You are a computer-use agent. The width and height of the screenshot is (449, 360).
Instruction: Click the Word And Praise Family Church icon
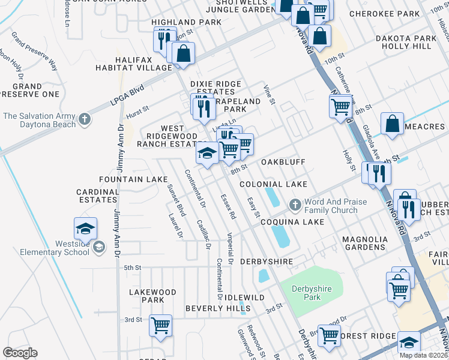pyautogui.click(x=295, y=206)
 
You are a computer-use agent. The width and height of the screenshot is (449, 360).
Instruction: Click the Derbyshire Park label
pyautogui.click(x=310, y=293)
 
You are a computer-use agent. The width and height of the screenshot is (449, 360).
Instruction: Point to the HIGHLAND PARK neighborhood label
pyautogui.click(x=186, y=22)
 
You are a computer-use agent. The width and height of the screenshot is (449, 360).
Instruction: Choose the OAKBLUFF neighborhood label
pyautogui.click(x=283, y=162)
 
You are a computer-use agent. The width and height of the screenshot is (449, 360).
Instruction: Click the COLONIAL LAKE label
pyautogui.click(x=273, y=184)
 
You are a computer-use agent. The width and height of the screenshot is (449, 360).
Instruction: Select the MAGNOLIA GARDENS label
pyautogui.click(x=364, y=243)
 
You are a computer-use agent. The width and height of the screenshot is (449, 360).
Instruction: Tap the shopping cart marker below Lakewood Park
pyautogui.click(x=161, y=325)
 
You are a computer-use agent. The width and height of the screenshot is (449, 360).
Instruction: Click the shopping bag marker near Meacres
pyautogui.click(x=392, y=125)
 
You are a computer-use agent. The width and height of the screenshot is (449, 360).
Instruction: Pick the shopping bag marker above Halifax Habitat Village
pyautogui.click(x=183, y=54)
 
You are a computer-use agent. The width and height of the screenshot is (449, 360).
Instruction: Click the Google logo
pyautogui.click(x=20, y=353)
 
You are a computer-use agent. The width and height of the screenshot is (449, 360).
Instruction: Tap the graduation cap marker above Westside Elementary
pyautogui.click(x=86, y=229)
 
